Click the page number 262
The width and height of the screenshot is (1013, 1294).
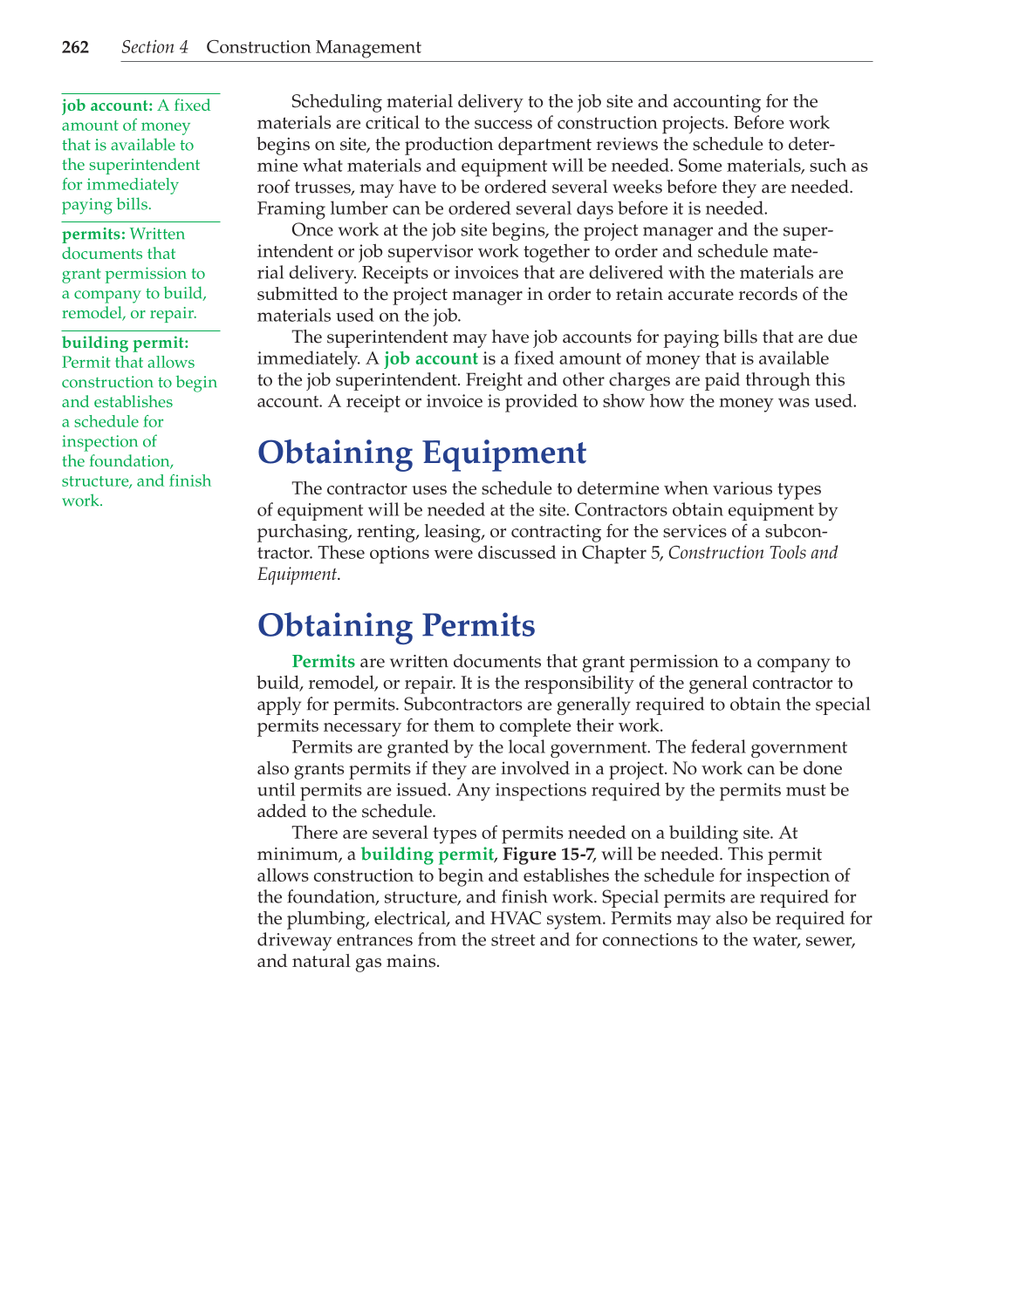(75, 47)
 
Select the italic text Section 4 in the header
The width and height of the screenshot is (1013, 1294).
(154, 47)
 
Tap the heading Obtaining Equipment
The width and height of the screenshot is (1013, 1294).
(421, 453)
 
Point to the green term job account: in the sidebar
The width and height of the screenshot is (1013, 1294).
(107, 106)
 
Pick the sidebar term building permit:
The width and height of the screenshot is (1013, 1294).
(125, 343)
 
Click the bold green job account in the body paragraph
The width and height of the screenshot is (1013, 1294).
(430, 358)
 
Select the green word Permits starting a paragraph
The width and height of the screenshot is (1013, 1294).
(323, 662)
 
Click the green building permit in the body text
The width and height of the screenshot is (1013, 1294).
(427, 855)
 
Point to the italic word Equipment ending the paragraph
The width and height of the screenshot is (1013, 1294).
(297, 574)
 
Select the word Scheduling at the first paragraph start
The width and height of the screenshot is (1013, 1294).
(336, 102)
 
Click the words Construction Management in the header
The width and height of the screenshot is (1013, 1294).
(313, 47)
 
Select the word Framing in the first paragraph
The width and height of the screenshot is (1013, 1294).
(289, 208)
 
